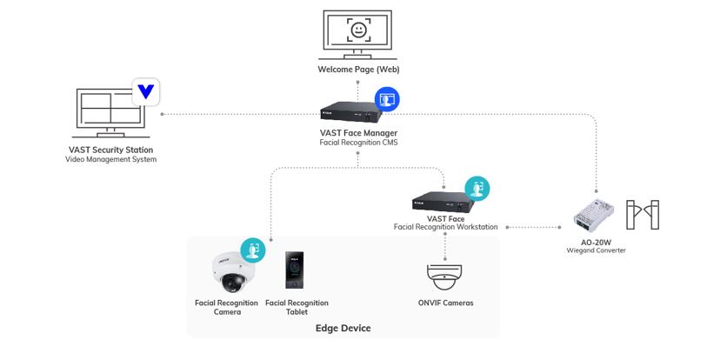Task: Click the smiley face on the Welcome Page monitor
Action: [x=357, y=30]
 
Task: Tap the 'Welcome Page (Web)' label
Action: [x=357, y=70]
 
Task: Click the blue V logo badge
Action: [x=145, y=90]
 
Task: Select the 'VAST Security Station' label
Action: [x=110, y=150]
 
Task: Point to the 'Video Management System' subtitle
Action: [x=110, y=159]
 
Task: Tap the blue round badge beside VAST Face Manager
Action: [x=387, y=99]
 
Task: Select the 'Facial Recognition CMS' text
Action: [x=358, y=142]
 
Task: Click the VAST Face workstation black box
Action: [x=443, y=202]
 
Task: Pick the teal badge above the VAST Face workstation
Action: [x=477, y=188]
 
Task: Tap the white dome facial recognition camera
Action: [x=233, y=273]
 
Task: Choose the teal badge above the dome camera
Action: [x=252, y=250]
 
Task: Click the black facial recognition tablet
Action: [x=297, y=272]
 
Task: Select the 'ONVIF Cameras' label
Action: [x=446, y=303]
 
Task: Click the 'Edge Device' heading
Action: [x=343, y=328]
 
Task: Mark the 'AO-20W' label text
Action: [x=597, y=242]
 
